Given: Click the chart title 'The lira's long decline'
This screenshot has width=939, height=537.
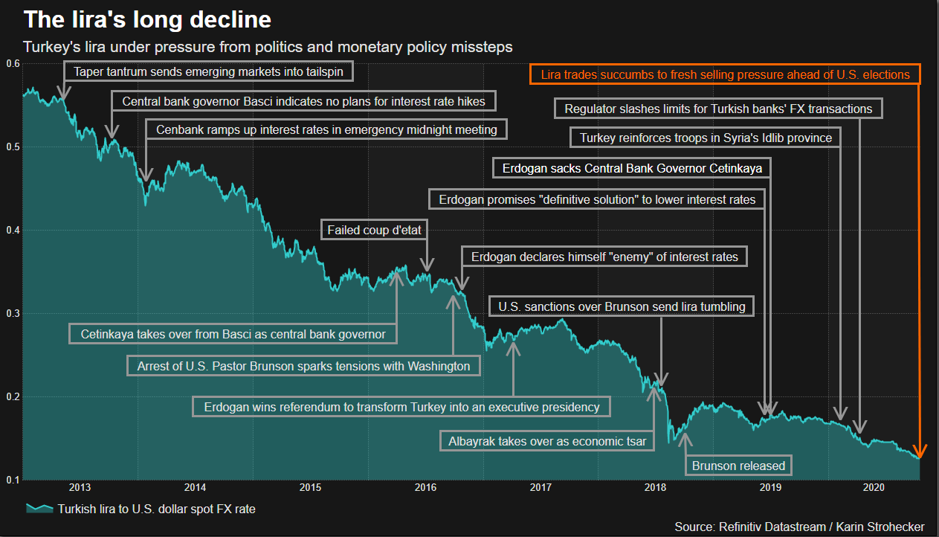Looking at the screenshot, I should [147, 19].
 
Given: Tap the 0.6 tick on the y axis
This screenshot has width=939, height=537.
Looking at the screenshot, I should [12, 64].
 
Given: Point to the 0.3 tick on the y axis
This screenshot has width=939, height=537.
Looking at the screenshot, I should [12, 314].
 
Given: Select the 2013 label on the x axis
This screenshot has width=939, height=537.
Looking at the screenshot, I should [80, 488].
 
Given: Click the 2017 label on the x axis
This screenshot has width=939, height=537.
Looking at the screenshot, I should [541, 488].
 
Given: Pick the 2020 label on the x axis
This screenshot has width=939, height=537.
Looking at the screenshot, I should [885, 488].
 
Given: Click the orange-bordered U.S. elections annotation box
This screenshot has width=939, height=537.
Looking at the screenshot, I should [725, 74].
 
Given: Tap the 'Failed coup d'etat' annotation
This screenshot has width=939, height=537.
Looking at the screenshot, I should [375, 231].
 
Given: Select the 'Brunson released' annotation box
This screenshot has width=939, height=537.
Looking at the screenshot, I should [738, 466].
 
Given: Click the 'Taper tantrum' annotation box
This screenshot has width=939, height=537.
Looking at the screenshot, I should [208, 72].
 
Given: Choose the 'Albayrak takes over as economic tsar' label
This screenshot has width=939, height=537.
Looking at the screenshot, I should [547, 441].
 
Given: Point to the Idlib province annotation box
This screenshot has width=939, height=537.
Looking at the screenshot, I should [706, 138].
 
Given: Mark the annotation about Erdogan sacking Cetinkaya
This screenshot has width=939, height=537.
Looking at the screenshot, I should [632, 169].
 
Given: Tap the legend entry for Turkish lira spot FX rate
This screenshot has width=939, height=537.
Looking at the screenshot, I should [141, 509].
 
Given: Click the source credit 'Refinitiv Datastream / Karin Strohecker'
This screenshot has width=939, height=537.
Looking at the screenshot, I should [799, 527].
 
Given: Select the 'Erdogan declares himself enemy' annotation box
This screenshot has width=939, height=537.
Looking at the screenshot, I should [604, 257].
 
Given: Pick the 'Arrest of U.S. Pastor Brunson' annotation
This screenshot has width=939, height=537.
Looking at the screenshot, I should [303, 366].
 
